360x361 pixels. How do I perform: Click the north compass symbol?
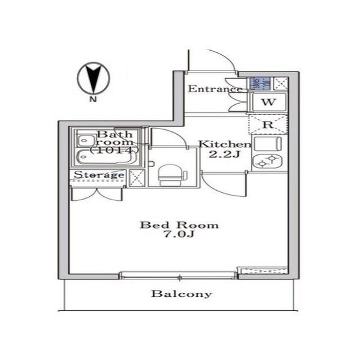pos(92,78)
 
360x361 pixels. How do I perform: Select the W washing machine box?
pos(269,102)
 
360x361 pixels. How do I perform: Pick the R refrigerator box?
pos(268,124)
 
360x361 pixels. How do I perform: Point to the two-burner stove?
pos(268,162)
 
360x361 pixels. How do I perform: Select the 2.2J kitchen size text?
pos(221,155)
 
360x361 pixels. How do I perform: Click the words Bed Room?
pos(179,225)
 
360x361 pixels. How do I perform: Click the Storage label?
pos(99,175)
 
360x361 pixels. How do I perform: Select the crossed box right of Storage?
pos(137,177)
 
